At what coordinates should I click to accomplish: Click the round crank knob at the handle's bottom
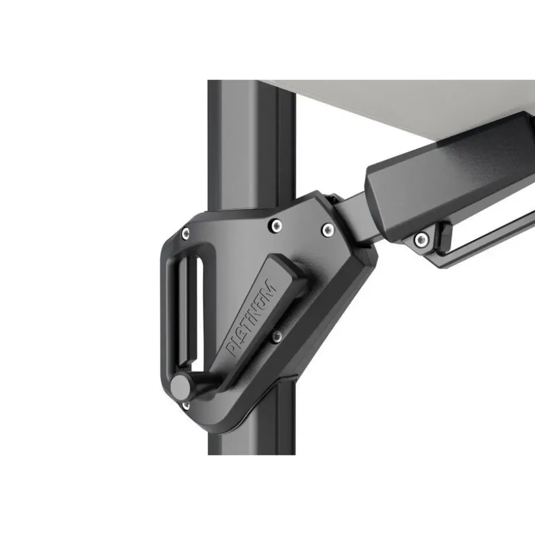[181, 386]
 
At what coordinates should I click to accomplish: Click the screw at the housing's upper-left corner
[185, 233]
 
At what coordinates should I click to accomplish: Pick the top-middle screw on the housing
[276, 224]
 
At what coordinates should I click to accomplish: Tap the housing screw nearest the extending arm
[328, 230]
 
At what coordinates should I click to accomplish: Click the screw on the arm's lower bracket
[421, 239]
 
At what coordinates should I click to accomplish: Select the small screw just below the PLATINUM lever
[277, 337]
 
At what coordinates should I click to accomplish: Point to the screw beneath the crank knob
[186, 406]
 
